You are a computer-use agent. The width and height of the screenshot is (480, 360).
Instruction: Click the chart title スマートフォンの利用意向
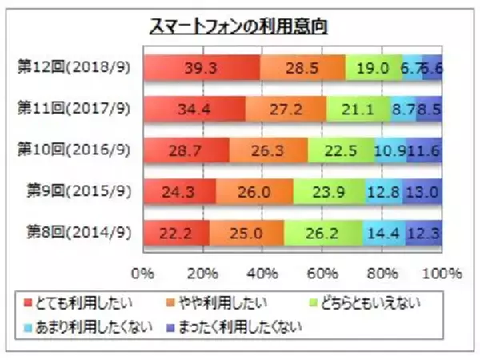tap(240, 27)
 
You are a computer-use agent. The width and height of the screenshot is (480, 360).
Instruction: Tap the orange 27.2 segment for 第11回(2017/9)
tap(285, 109)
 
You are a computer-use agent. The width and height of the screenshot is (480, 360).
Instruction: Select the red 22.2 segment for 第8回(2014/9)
tap(177, 233)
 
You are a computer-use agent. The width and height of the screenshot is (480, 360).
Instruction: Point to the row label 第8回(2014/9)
tap(78, 233)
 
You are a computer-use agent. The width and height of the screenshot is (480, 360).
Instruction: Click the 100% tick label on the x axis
tap(442, 274)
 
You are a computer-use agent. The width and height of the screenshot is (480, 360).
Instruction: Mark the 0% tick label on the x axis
tap(144, 274)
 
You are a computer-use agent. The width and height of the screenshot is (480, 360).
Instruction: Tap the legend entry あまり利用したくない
tap(84, 326)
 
